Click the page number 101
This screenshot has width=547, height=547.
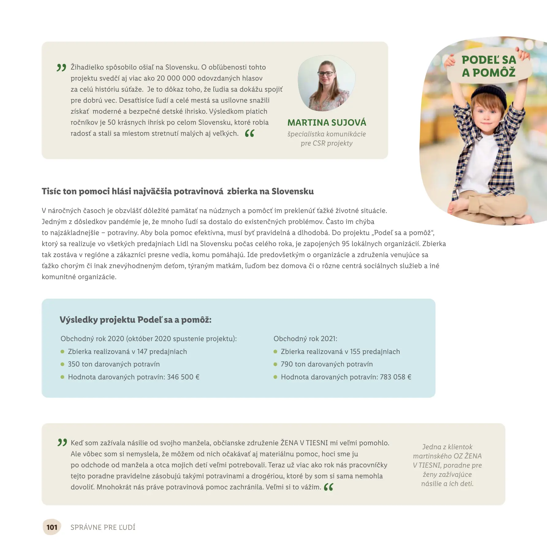[52, 527]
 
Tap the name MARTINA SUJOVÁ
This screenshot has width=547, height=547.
[327, 123]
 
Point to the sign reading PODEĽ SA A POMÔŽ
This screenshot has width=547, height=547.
[489, 66]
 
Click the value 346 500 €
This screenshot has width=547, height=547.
[183, 377]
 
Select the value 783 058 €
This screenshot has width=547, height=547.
[396, 377]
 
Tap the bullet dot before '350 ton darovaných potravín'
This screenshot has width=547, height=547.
[63, 364]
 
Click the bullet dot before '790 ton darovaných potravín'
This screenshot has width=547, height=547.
[275, 364]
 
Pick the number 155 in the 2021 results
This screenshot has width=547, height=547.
[355, 351]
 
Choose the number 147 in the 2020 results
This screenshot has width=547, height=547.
[142, 351]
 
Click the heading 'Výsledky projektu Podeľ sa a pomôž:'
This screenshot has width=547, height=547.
[135, 320]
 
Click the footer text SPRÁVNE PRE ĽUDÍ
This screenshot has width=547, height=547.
[103, 527]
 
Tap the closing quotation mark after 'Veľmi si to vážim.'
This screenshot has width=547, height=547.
[329, 487]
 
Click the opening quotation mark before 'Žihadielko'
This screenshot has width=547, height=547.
[61, 67]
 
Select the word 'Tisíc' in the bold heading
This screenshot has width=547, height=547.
[51, 191]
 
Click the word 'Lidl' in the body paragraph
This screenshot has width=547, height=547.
[182, 244]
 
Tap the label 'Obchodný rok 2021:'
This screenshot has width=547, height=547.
[305, 339]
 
